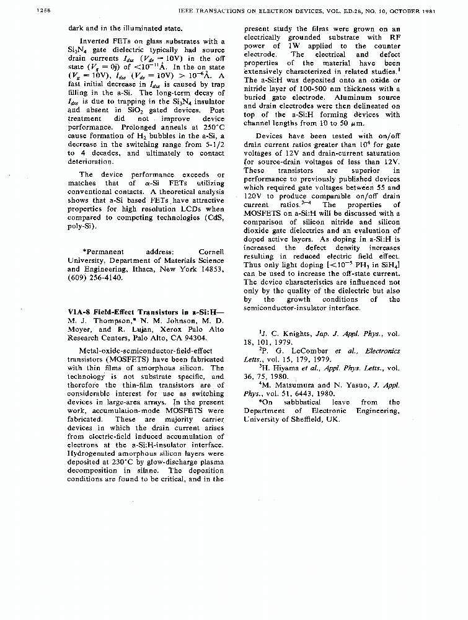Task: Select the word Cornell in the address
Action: pos(211,252)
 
